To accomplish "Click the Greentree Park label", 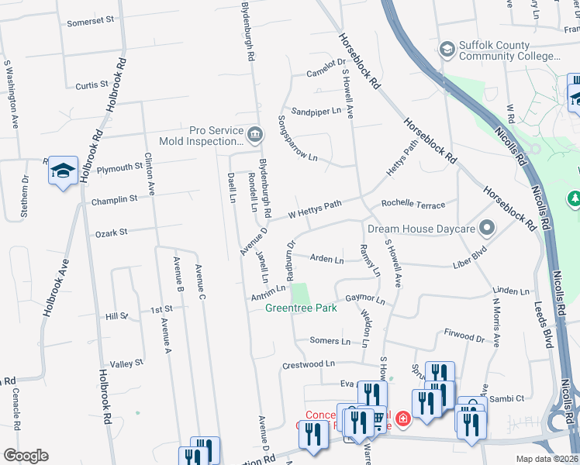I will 301,308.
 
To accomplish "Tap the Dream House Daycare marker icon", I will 487,229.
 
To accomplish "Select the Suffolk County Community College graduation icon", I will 447,50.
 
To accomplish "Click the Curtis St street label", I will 91,84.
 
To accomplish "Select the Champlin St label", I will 114,199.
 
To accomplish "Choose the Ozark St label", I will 111,232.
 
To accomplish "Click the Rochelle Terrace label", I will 413,205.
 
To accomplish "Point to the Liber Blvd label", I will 474,265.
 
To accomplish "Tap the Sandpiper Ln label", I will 316,111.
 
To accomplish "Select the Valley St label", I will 126,363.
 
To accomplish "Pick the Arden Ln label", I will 326,260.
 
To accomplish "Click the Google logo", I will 26,456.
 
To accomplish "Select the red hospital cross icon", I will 402,419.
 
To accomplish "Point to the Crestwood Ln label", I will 308,363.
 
